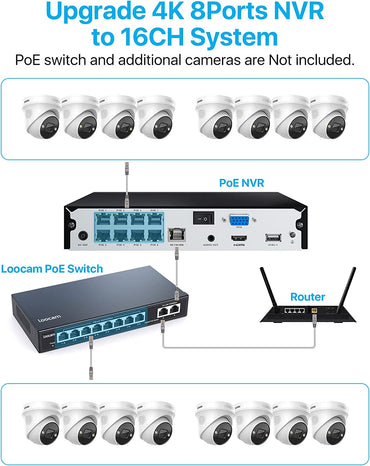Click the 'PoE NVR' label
coord(243,183)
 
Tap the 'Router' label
coord(307,297)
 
